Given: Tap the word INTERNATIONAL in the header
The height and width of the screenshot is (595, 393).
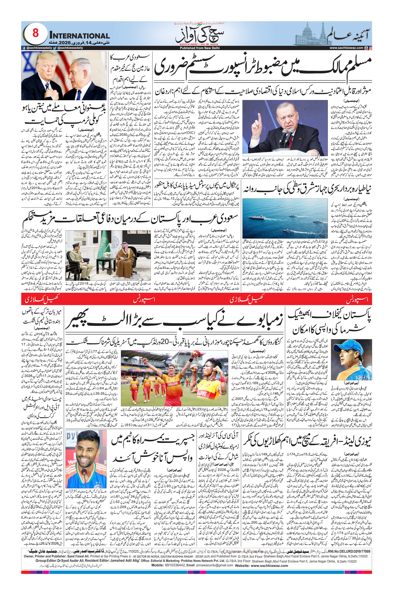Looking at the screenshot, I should [x=79, y=36].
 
